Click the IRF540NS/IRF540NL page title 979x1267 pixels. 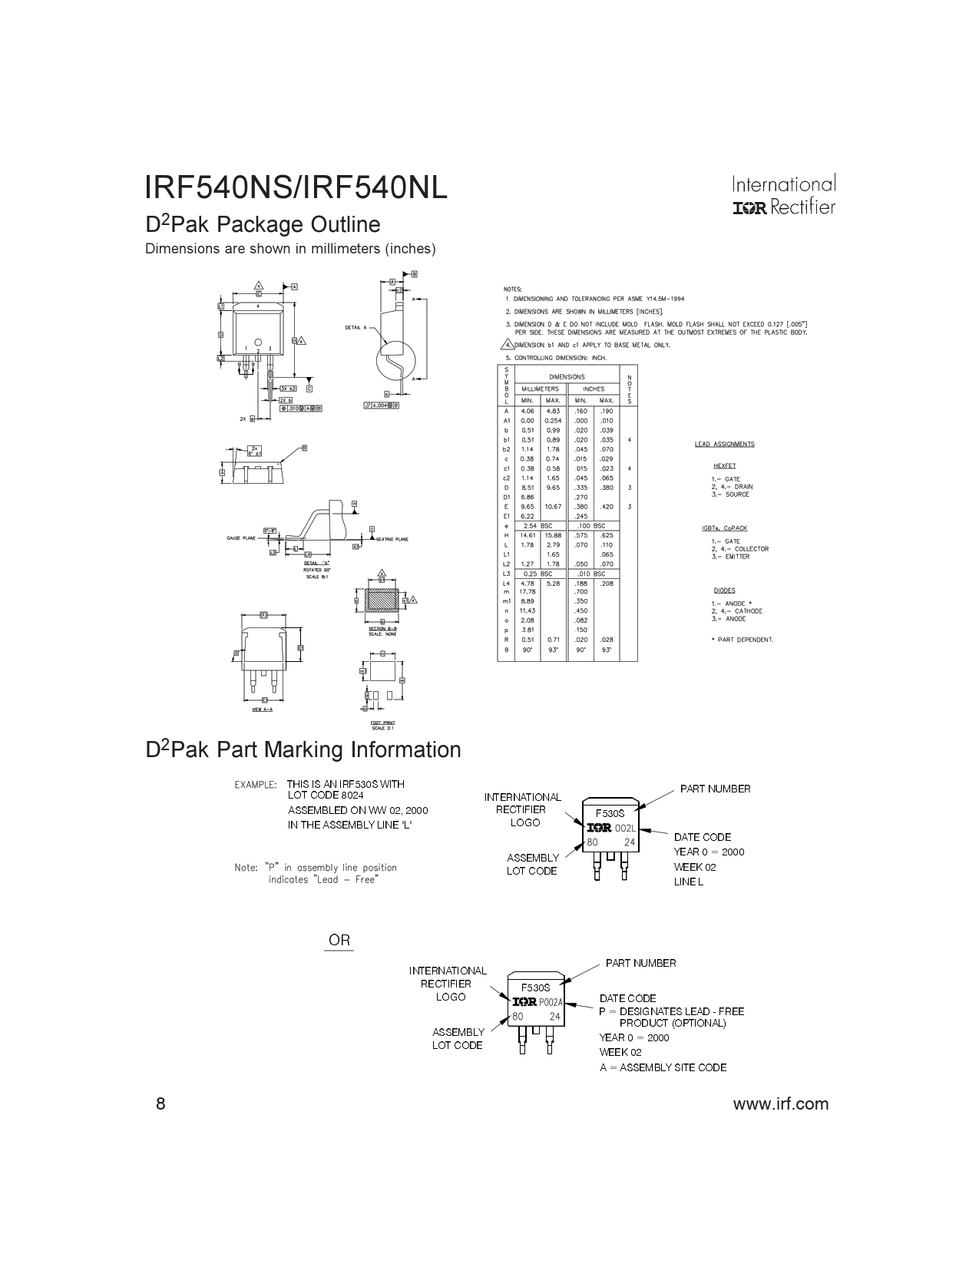pos(296,188)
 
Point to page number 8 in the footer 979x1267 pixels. pos(160,1104)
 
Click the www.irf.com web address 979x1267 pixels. pos(781,1104)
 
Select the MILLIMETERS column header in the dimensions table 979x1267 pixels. pos(540,389)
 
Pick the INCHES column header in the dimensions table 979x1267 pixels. pos(594,389)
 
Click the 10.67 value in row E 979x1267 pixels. pos(553,507)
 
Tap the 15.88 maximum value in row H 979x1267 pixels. pos(553,535)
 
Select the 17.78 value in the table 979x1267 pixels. pos(528,592)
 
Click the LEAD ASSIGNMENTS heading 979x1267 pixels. pos(724,444)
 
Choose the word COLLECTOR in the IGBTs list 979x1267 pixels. pos(751,549)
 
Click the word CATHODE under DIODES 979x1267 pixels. pos(748,611)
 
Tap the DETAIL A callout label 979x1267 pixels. pos(356,328)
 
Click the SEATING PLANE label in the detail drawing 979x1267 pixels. pos(392,539)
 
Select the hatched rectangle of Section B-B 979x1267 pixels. pos(382,600)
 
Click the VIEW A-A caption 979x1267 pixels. pos(263,710)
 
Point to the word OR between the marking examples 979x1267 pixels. pos(339,940)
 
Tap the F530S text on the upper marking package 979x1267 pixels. pos(610,813)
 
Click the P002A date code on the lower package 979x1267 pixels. pos(551,1002)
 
